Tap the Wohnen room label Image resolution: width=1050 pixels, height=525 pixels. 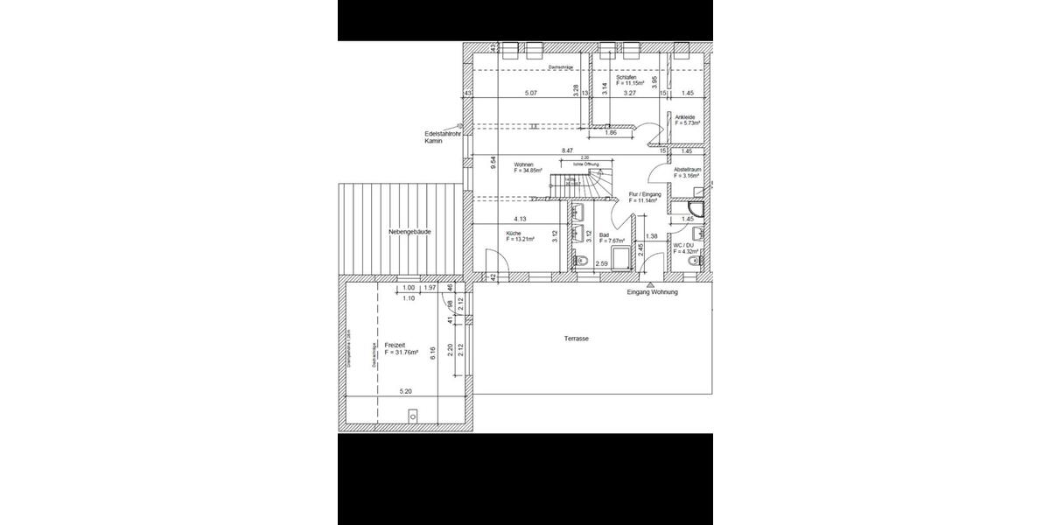[524, 164]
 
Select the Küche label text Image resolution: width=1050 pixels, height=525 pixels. [513, 234]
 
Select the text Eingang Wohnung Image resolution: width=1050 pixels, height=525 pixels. [653, 292]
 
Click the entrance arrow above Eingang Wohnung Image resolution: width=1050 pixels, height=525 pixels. [649, 283]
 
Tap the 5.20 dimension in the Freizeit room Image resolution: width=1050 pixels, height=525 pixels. [406, 392]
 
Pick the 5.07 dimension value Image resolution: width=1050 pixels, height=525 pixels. [530, 93]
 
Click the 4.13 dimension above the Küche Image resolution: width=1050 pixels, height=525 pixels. [520, 219]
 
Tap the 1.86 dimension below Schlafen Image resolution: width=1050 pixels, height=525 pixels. [611, 133]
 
